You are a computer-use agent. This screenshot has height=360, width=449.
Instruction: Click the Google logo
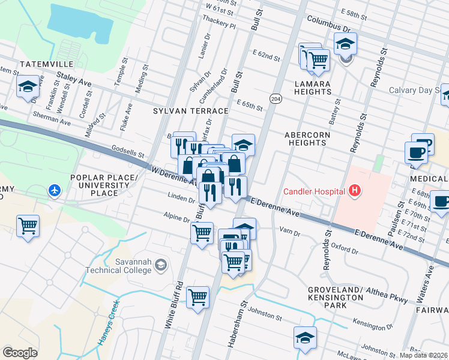(x=20, y=352)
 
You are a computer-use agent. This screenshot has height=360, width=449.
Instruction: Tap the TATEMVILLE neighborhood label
(x=46, y=64)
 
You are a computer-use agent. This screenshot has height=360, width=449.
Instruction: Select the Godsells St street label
(x=128, y=154)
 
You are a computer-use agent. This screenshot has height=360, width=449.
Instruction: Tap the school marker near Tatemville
(x=28, y=87)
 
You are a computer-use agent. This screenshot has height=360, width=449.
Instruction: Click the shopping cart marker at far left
(x=28, y=226)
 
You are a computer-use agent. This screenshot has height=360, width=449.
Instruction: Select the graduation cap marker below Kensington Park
(x=306, y=338)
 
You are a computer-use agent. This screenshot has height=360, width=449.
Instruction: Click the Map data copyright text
(x=423, y=355)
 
